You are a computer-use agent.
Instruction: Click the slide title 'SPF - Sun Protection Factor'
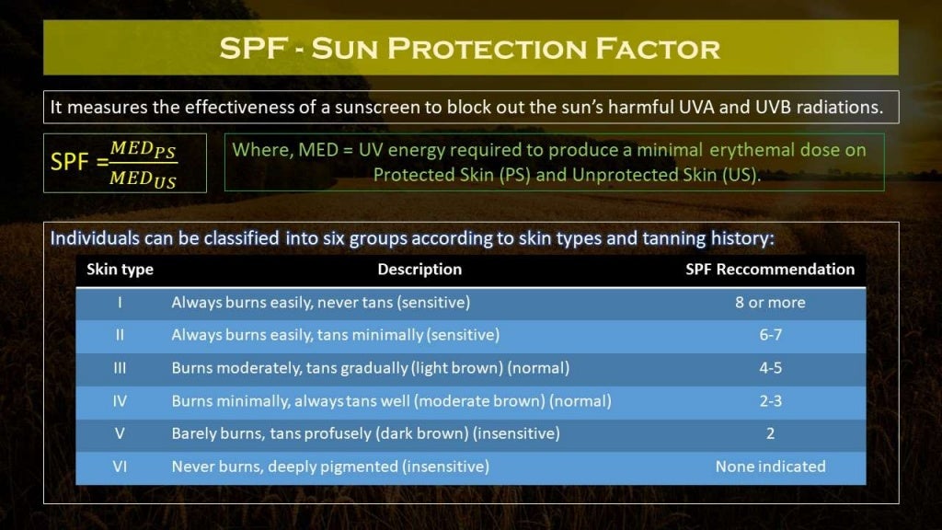click(470, 48)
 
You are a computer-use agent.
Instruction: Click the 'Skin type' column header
click(120, 270)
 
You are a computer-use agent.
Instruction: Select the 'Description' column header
click(419, 270)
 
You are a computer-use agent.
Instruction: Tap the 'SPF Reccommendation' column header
click(770, 270)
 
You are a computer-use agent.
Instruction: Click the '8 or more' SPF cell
click(770, 303)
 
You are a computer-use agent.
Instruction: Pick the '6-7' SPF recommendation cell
click(770, 335)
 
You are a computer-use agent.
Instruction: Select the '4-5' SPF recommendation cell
click(770, 368)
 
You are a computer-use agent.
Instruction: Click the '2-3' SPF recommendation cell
click(770, 401)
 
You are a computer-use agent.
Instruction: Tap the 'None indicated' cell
click(770, 467)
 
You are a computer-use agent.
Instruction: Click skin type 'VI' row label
click(120, 467)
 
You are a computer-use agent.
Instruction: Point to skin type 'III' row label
click(120, 368)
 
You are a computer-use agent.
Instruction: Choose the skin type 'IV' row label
click(120, 401)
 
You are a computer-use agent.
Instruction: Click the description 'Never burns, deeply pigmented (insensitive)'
click(329, 467)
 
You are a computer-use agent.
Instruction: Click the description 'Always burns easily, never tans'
click(320, 303)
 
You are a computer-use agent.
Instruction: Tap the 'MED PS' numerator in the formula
click(143, 150)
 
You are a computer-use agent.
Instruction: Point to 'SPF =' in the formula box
click(78, 163)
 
